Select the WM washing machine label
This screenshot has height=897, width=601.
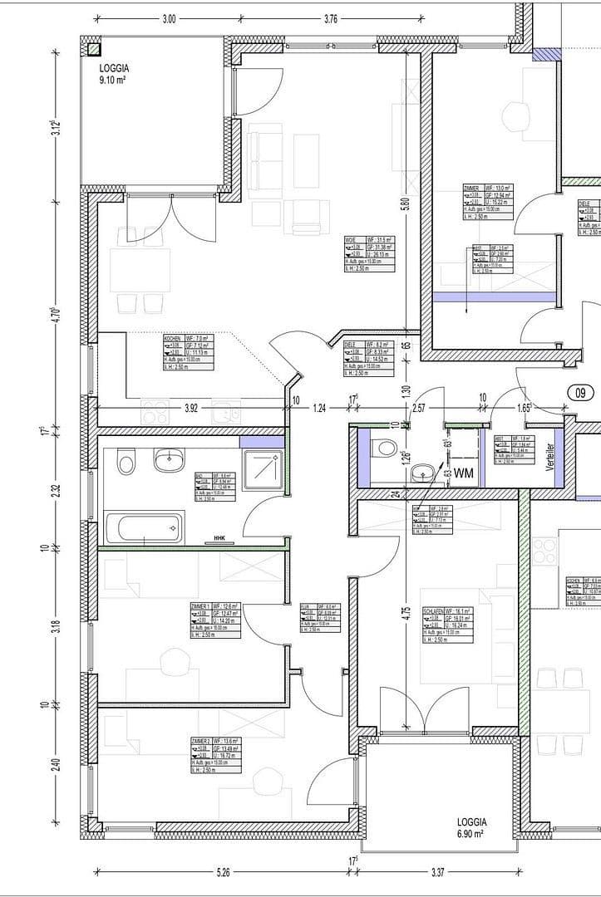pyautogui.click(x=463, y=473)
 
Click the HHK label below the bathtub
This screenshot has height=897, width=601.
pyautogui.click(x=220, y=537)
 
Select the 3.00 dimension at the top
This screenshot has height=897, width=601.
pyautogui.click(x=169, y=19)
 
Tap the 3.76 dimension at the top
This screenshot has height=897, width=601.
pyautogui.click(x=330, y=19)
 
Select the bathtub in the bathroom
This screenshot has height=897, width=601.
pyautogui.click(x=144, y=527)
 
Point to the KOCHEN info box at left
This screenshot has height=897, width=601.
pyautogui.click(x=188, y=352)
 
